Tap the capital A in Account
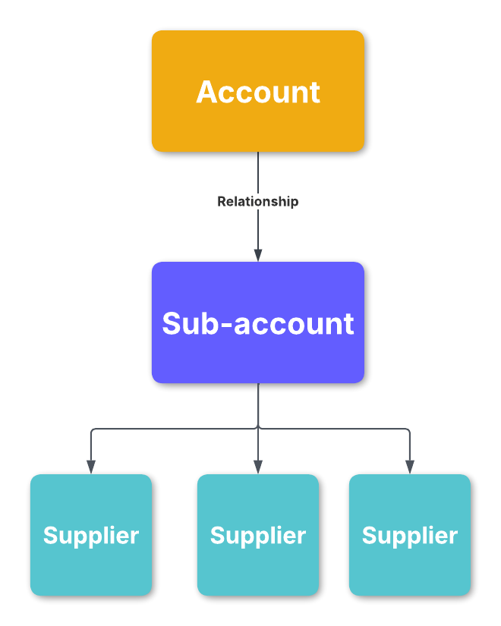coord(206,93)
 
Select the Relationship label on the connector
coord(258,201)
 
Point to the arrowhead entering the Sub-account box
coord(258,255)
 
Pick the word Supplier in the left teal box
coord(91,536)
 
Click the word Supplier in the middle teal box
coord(258,536)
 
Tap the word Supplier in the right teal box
coord(410,536)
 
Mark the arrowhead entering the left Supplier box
coord(91,467)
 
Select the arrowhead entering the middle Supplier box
coord(258,467)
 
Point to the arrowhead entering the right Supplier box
coord(410,467)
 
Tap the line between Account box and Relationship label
coord(258,172)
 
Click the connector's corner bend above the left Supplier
coord(92,430)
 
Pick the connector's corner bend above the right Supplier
coord(409,430)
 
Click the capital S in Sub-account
coord(172,324)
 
